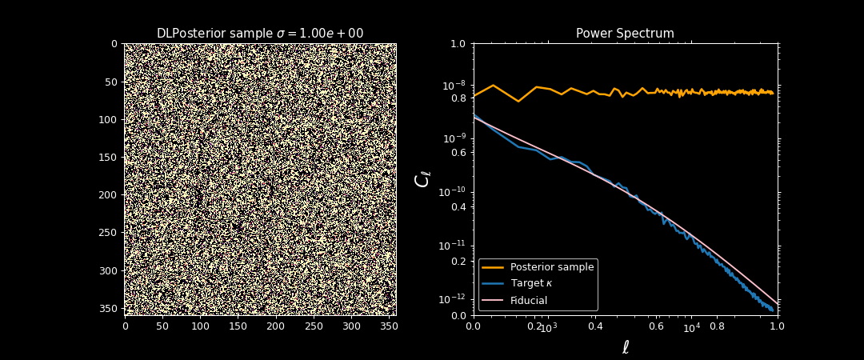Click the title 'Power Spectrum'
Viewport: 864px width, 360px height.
tap(625, 34)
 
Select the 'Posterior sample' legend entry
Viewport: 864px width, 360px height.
tap(552, 267)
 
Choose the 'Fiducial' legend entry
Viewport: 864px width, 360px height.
tap(529, 301)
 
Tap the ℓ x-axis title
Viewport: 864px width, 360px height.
tap(626, 347)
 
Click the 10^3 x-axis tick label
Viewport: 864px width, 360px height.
tap(548, 328)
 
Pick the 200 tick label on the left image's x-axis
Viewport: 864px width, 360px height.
tap(275, 326)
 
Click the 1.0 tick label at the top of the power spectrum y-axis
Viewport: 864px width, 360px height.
tap(458, 43)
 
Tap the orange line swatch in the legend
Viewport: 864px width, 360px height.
tap(493, 267)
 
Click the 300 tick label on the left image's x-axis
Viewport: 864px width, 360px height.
tap(350, 326)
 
